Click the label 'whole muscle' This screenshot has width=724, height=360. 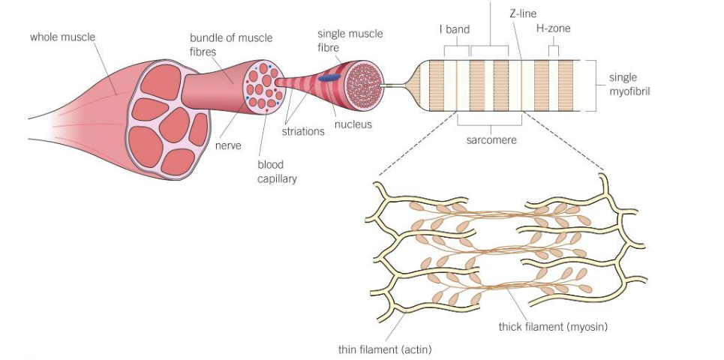(63, 36)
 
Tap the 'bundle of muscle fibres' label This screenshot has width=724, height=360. (230, 44)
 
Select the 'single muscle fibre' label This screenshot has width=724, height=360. (350, 40)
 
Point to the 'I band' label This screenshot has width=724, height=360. (454, 30)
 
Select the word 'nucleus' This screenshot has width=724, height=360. (353, 124)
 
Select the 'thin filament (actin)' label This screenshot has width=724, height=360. (385, 349)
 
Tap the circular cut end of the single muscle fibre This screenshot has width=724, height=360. (366, 82)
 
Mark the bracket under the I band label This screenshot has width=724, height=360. (456, 49)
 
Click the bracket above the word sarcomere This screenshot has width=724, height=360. (491, 121)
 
